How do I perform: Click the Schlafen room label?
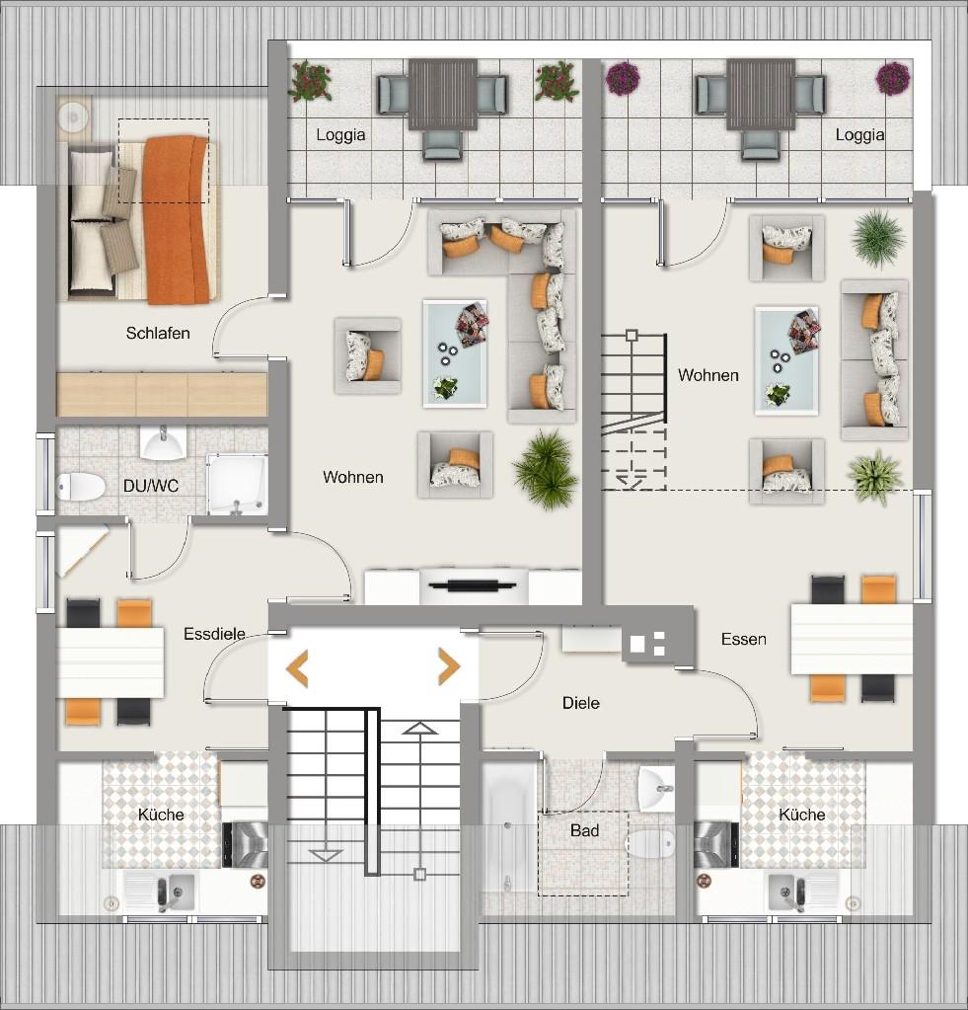tap(158, 333)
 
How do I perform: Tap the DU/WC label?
tap(151, 487)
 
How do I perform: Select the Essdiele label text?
tap(214, 634)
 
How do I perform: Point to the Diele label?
tap(580, 703)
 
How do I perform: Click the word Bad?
tap(584, 831)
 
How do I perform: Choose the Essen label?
tap(743, 639)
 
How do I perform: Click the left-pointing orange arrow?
tap(297, 668)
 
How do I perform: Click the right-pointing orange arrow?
tap(449, 666)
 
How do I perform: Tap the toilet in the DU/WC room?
tap(81, 487)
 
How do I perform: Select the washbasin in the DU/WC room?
tap(164, 442)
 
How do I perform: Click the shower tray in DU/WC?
tap(237, 485)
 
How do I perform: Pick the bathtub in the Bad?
tap(508, 831)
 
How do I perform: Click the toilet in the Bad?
tap(650, 843)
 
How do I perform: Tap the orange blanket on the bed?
tap(177, 219)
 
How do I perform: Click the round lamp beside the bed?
tap(73, 117)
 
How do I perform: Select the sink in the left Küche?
tap(158, 893)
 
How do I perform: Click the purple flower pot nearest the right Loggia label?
tap(893, 79)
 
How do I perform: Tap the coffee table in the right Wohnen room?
tap(786, 360)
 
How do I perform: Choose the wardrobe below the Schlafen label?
tap(162, 394)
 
